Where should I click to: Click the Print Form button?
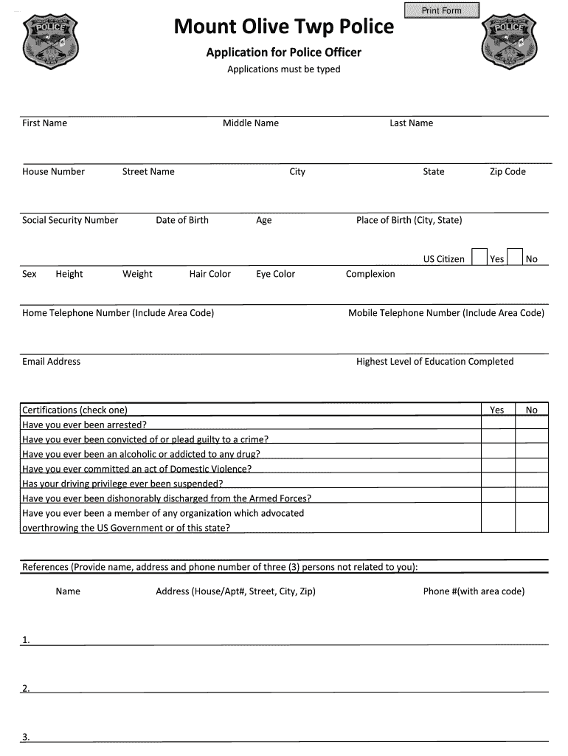(x=441, y=10)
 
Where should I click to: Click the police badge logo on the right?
(x=508, y=43)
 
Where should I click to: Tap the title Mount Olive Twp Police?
(x=283, y=27)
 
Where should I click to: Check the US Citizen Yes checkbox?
(x=479, y=257)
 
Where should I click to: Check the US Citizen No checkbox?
(x=516, y=257)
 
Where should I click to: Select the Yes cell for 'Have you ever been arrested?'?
(x=497, y=425)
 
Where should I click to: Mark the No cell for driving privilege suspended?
(x=531, y=484)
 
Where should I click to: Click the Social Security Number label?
(x=70, y=220)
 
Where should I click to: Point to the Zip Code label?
(x=508, y=171)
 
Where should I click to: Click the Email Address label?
(x=52, y=361)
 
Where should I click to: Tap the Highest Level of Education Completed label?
(x=434, y=361)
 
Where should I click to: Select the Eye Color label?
(x=275, y=274)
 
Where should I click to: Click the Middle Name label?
(x=251, y=123)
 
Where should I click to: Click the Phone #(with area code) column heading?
(x=474, y=591)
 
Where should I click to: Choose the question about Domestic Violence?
(x=137, y=469)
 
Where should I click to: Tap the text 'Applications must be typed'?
(x=283, y=69)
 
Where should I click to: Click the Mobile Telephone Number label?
(x=446, y=313)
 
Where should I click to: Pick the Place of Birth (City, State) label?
(x=409, y=220)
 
